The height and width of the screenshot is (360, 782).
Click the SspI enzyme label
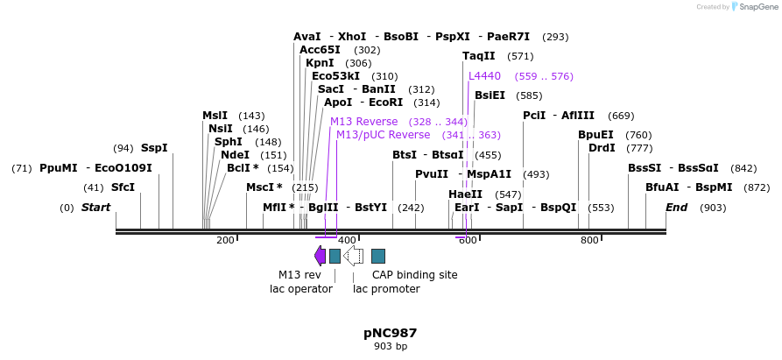(154, 148)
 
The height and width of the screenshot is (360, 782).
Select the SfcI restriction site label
(123, 187)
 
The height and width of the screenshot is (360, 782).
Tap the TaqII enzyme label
(479, 56)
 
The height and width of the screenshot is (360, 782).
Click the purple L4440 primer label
(484, 76)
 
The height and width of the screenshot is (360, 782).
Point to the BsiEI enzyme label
(490, 95)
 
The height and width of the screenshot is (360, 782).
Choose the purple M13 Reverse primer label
(363, 122)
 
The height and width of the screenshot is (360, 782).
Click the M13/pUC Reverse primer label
(384, 135)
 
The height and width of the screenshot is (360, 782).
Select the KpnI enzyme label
(320, 63)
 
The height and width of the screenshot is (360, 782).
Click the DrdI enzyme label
(602, 148)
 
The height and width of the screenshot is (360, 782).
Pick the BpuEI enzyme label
(595, 135)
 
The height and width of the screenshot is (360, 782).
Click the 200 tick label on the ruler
(225, 240)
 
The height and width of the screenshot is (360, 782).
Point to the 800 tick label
(589, 240)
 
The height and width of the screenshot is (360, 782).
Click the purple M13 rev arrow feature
(320, 255)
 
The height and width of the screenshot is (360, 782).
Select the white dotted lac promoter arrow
(354, 255)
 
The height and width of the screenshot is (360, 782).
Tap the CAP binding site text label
(414, 274)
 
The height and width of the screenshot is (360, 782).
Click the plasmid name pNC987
(391, 333)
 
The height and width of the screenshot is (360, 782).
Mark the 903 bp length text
(391, 347)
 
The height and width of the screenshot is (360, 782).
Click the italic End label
(676, 208)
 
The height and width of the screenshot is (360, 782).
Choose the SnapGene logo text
(755, 7)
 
